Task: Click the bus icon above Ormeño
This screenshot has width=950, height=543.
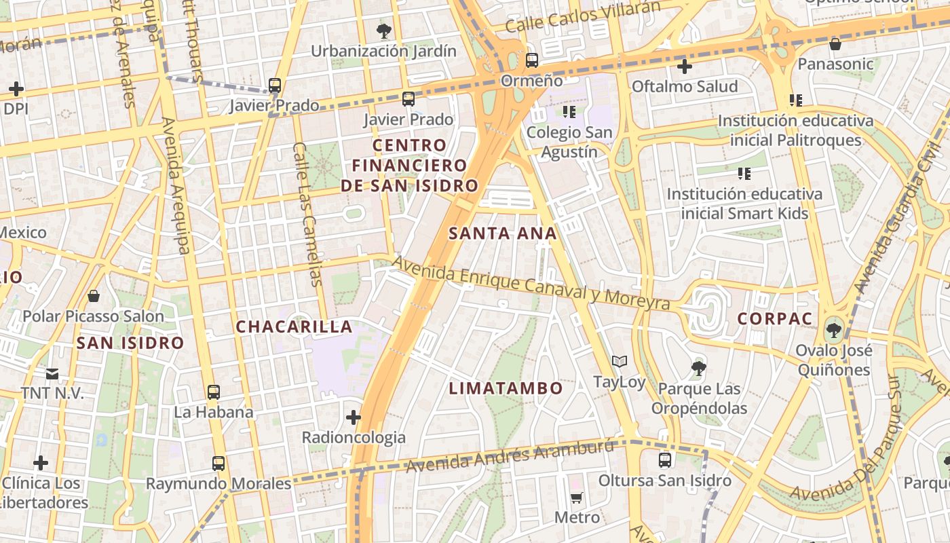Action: click(x=532, y=60)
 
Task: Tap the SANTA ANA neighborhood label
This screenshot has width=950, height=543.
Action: click(x=502, y=233)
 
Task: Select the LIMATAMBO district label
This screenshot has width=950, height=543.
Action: click(x=506, y=388)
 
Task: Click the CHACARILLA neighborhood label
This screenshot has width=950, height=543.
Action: click(x=294, y=326)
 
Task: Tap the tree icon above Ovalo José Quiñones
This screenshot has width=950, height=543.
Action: click(x=833, y=331)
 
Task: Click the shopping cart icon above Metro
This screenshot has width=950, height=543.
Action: click(x=577, y=498)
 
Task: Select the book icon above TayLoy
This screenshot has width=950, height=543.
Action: click(x=619, y=361)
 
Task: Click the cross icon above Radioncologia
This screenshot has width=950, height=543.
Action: click(x=354, y=417)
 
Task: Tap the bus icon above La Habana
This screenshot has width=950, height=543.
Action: click(x=214, y=392)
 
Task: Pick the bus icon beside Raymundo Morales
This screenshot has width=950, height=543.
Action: click(x=218, y=464)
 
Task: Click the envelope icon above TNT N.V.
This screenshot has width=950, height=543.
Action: click(x=52, y=373)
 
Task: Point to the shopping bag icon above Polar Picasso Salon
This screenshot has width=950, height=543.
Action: click(x=94, y=296)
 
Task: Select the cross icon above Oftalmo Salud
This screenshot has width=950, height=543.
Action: click(x=684, y=67)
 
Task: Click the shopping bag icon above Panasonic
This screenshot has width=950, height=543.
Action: click(x=835, y=44)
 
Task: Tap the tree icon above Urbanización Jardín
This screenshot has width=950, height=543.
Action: click(x=383, y=31)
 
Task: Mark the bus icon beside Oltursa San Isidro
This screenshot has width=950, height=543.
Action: click(x=665, y=460)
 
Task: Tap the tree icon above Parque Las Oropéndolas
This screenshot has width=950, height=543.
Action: click(x=699, y=369)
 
